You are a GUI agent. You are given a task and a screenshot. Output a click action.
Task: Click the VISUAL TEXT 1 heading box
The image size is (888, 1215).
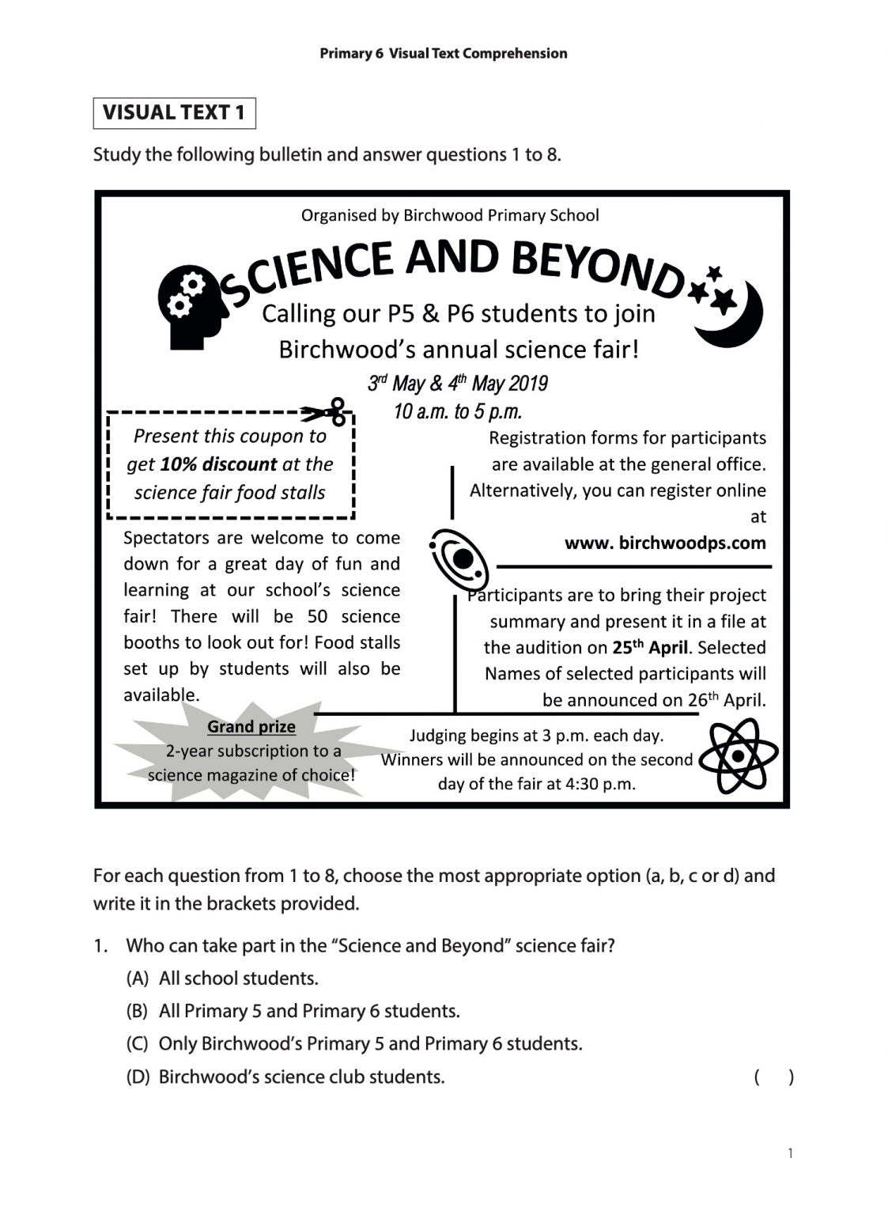click(174, 113)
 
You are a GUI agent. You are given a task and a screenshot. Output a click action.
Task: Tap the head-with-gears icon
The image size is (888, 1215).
click(191, 305)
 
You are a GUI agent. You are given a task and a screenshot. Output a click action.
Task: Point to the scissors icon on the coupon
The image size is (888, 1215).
click(326, 411)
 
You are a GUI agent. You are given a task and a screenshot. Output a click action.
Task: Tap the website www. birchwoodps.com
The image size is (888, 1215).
click(665, 543)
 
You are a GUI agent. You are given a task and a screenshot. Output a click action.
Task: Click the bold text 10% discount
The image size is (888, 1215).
click(218, 464)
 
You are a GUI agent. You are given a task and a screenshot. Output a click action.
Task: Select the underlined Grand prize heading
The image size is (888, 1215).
click(251, 726)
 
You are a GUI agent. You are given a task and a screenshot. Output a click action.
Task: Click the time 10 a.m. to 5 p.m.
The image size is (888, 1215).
click(458, 412)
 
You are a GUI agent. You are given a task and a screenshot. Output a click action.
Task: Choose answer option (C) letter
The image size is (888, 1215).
click(137, 1044)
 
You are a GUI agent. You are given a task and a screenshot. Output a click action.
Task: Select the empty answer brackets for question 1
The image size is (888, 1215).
click(773, 1077)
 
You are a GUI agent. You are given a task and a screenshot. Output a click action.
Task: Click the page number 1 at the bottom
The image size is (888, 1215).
click(790, 1153)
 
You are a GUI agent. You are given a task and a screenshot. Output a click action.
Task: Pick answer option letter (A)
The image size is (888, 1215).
click(137, 978)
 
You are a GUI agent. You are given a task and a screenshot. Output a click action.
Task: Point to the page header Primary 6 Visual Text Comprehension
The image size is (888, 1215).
click(444, 54)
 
